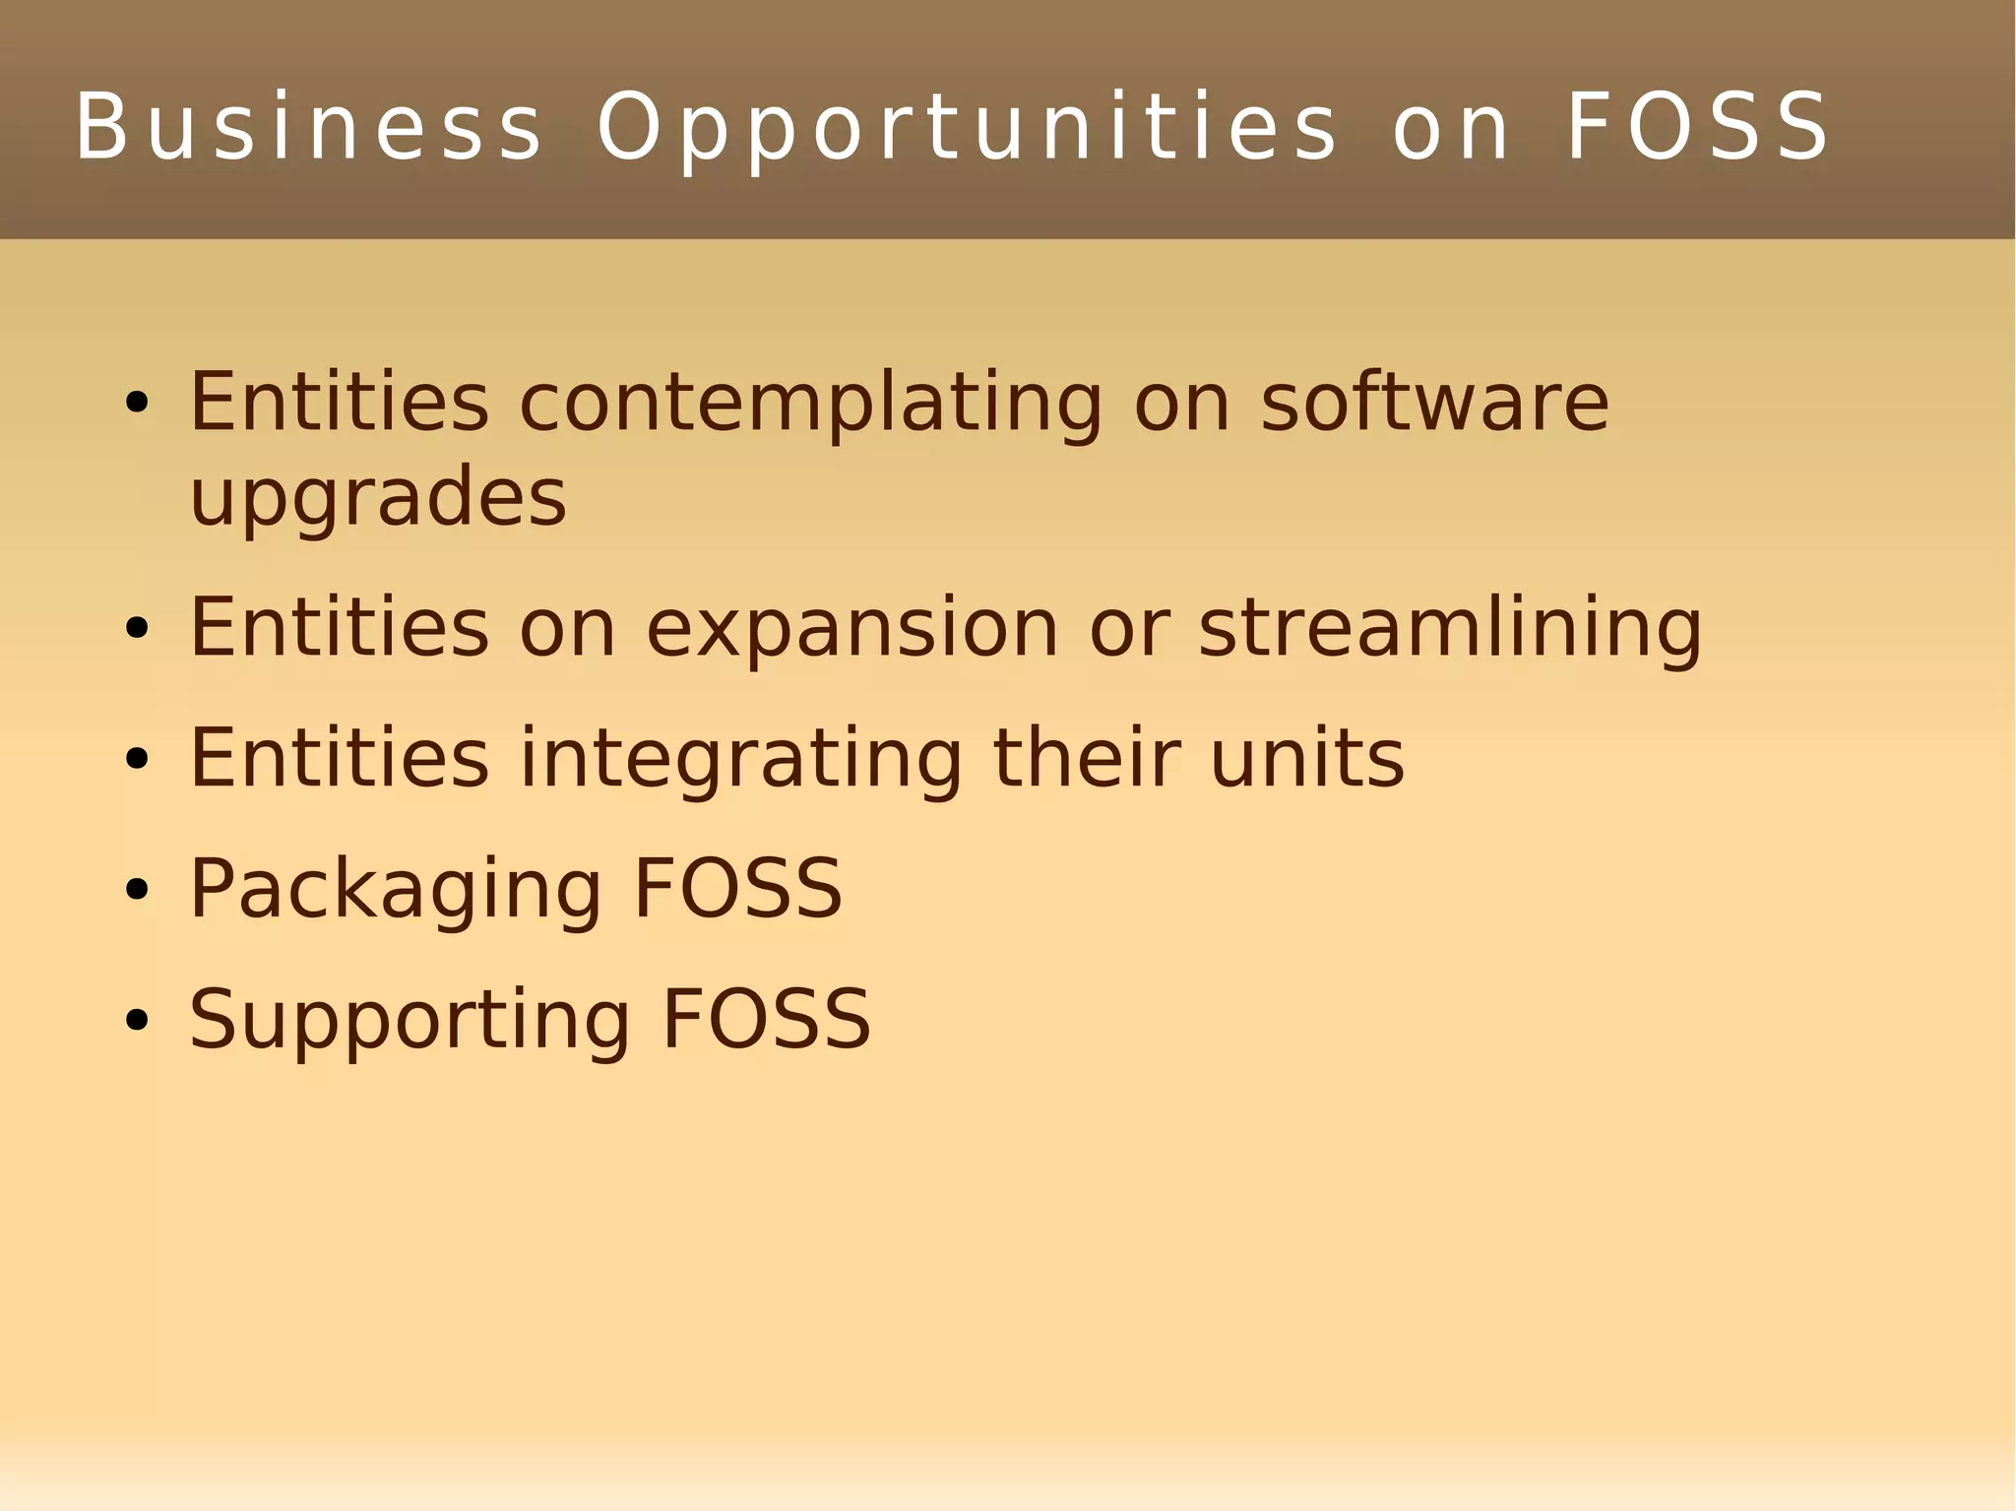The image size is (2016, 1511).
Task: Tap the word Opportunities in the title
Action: pyautogui.click(x=967, y=128)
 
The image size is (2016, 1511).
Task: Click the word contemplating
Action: pyautogui.click(x=811, y=404)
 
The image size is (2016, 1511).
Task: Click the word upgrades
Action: pyautogui.click(x=378, y=498)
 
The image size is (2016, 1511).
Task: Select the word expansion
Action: pyautogui.click(x=851, y=629)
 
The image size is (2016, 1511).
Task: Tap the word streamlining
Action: pyautogui.click(x=1450, y=629)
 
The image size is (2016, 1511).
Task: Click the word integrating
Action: pyautogui.click(x=740, y=759)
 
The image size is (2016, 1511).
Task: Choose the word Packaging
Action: pyautogui.click(x=395, y=890)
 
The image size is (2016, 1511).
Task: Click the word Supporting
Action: pyautogui.click(x=409, y=1021)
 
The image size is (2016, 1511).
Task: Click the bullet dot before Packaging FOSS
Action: pyautogui.click(x=137, y=890)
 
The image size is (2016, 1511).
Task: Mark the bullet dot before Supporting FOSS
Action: pyautogui.click(x=137, y=1021)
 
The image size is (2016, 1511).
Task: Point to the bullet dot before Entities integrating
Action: pyautogui.click(x=137, y=759)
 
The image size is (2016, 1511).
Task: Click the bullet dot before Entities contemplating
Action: pyautogui.click(x=137, y=403)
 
